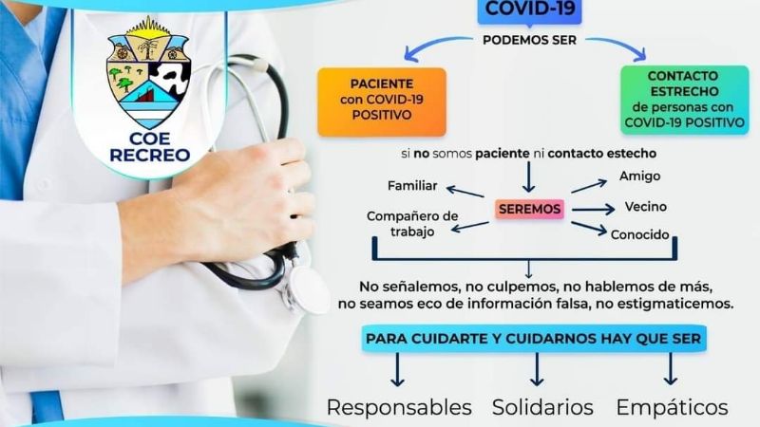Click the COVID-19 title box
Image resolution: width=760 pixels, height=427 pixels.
(530, 10)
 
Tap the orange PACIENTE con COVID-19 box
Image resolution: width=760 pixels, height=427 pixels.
(381, 102)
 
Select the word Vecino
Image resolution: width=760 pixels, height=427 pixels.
(645, 207)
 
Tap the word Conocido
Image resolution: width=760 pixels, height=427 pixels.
(642, 234)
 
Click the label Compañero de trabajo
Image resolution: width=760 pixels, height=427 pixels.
(412, 223)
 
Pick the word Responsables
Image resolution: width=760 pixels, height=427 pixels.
(399, 407)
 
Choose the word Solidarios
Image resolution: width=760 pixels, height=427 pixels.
(542, 407)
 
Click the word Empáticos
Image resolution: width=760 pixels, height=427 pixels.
(673, 407)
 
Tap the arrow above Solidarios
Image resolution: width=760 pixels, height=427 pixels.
(537, 368)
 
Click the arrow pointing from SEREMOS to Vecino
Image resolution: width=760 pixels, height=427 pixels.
(593, 209)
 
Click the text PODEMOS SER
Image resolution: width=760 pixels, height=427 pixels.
(530, 39)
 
